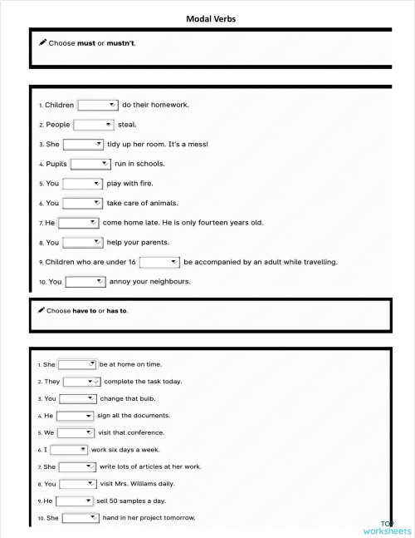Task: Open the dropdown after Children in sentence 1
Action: (98, 105)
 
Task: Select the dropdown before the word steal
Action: (94, 125)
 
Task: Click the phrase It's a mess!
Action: (188, 144)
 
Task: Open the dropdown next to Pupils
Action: (90, 164)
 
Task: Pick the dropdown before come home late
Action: (78, 223)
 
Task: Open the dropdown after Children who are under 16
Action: (160, 262)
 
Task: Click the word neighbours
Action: (165, 281)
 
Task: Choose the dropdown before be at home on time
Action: (77, 364)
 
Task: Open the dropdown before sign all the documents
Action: (75, 416)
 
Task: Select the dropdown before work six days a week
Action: (69, 450)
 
